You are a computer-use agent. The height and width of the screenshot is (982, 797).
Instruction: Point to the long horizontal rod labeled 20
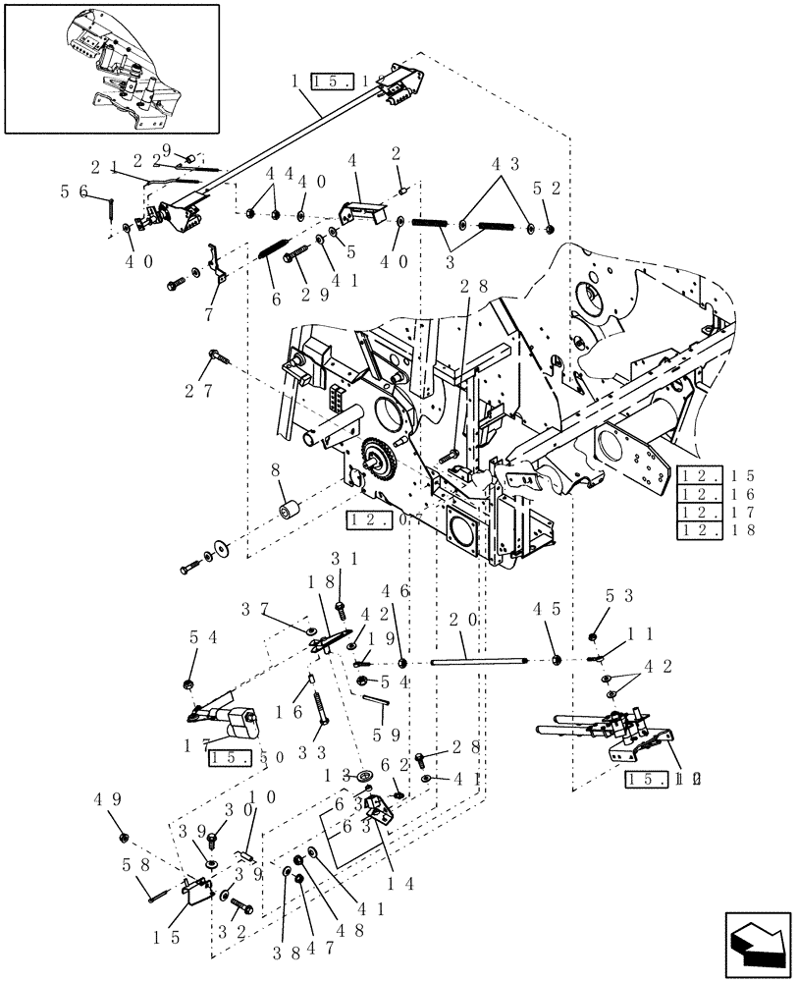click(x=491, y=660)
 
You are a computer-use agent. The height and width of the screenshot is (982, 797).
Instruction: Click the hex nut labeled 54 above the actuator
click(x=187, y=683)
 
